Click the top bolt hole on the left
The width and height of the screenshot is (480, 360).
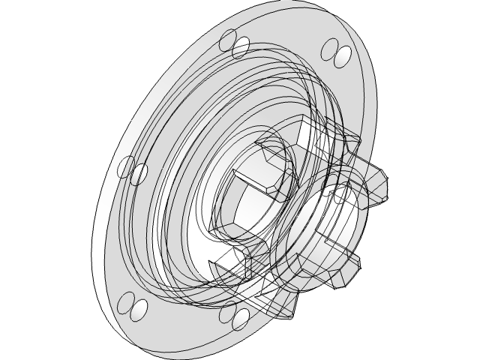tap(240, 47)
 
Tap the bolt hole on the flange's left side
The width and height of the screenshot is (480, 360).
tap(139, 173)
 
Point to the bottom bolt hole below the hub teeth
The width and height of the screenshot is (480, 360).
tap(241, 319)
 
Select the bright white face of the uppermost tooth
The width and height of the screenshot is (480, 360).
tap(312, 135)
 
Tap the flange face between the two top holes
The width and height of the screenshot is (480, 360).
tap(292, 37)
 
